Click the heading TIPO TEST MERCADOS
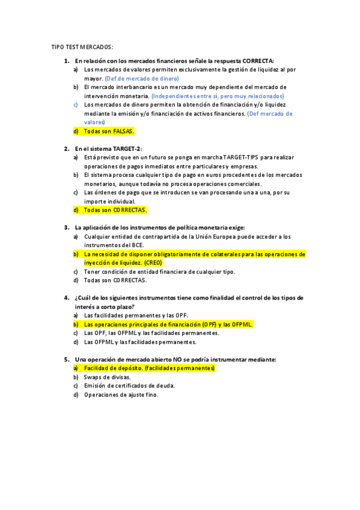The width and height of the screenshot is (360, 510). click(82, 47)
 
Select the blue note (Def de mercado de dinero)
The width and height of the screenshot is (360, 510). click(141, 78)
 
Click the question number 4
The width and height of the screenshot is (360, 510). click(66, 298)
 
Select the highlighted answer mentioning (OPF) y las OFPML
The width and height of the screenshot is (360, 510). click(168, 324)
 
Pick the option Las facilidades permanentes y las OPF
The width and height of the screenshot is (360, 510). click(136, 315)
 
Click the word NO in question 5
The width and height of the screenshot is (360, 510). click(178, 359)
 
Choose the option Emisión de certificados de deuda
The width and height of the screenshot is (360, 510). click(129, 386)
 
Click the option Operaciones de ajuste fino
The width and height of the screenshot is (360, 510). click(121, 395)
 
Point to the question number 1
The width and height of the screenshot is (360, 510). click(66, 61)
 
